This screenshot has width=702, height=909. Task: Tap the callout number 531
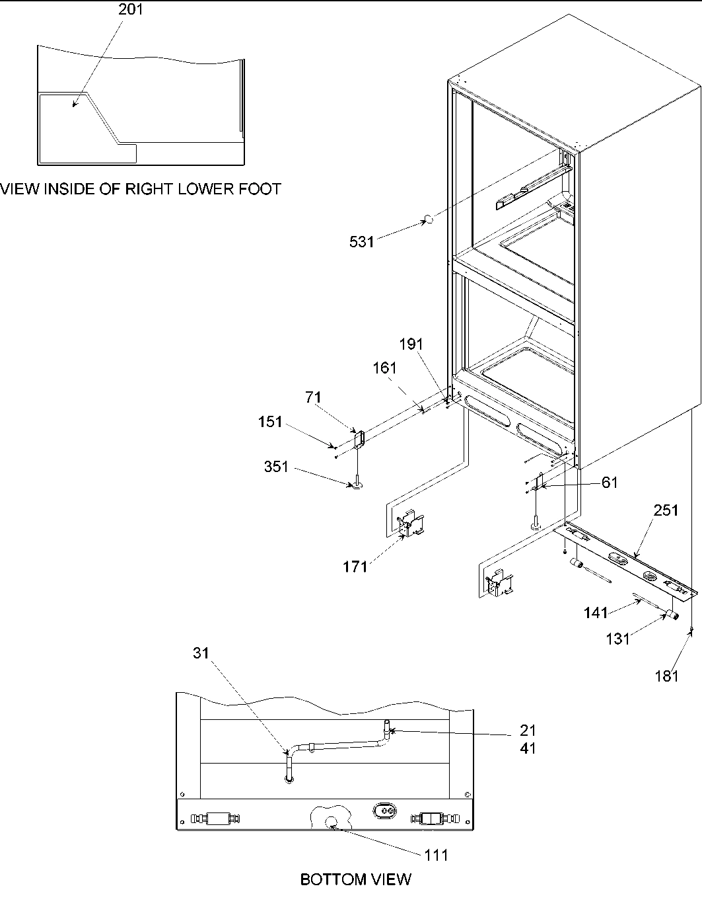point(361,242)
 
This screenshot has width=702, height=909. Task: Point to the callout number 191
point(411,344)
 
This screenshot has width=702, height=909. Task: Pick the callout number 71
point(313,397)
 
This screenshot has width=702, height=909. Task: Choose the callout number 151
point(270,422)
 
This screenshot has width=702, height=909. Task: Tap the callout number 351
point(276,467)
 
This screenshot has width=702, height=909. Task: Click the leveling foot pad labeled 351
point(357,487)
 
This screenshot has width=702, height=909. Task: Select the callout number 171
point(356,567)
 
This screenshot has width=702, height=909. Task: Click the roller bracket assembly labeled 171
point(410,523)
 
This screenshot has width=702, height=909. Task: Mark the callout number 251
point(666,510)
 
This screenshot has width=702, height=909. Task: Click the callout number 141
point(596,613)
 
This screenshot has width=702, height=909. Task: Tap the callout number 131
point(617,639)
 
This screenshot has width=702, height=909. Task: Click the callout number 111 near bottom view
point(436,855)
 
